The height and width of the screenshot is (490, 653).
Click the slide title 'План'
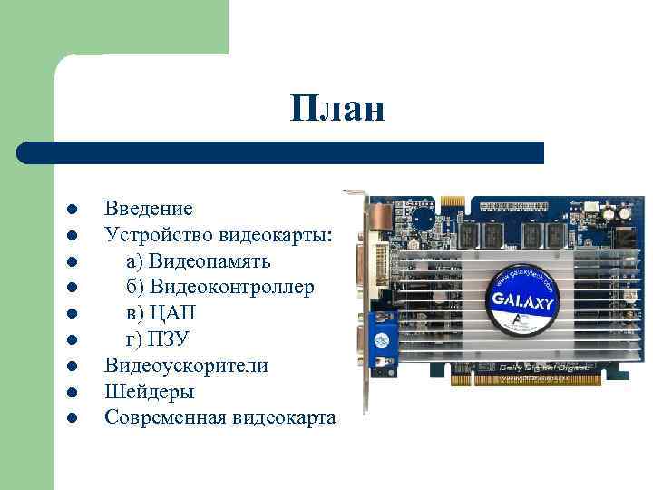(x=338, y=110)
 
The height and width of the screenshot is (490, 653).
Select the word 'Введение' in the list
(x=148, y=210)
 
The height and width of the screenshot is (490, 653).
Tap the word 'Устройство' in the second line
(x=159, y=236)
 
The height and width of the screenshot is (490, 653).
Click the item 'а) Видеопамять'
(x=198, y=261)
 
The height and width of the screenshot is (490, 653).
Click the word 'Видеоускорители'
(x=186, y=366)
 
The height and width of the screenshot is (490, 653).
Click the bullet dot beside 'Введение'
(x=70, y=211)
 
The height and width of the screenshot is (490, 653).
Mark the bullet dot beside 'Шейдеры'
(x=70, y=393)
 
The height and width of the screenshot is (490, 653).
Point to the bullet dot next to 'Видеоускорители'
(x=70, y=367)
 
